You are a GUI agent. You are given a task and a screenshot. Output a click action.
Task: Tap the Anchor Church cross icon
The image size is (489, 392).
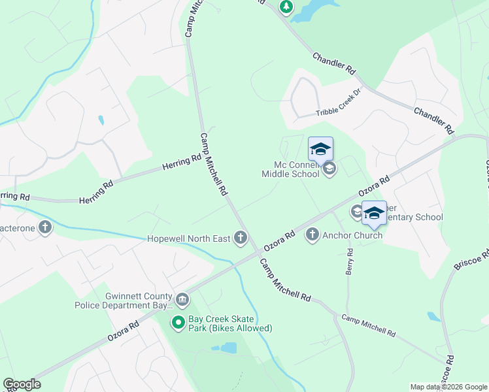[x=312, y=235]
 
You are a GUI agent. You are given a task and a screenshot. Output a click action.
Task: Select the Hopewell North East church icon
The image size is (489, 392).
[x=241, y=237]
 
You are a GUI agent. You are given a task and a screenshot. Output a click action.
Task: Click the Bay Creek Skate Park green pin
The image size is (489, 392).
[x=177, y=322]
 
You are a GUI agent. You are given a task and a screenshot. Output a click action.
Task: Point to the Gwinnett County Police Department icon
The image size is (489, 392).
[x=182, y=300]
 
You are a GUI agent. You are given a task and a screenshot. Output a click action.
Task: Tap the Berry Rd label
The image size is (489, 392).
[x=350, y=261]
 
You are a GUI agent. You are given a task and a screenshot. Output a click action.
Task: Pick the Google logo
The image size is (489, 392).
[x=22, y=384]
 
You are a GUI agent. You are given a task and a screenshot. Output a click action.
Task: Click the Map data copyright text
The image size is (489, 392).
[x=448, y=387]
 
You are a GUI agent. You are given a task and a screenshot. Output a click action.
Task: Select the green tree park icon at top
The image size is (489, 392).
[x=286, y=7]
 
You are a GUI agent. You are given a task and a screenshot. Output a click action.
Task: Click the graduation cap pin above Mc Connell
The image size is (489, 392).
[x=320, y=149]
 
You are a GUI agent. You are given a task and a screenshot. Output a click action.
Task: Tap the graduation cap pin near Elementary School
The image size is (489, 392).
[x=374, y=213]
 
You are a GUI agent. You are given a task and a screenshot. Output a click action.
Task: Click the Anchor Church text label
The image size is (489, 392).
[x=352, y=235]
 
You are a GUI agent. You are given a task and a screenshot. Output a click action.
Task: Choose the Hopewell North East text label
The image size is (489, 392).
[x=188, y=238]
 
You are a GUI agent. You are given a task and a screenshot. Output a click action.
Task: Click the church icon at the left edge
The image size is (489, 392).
[x=44, y=227]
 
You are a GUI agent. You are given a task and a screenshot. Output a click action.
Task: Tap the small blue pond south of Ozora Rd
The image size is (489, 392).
[x=228, y=348]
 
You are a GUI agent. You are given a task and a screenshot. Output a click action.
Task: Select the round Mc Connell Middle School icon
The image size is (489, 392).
[x=329, y=170]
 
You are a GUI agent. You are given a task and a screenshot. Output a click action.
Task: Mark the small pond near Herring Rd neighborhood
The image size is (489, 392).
[x=100, y=120]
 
